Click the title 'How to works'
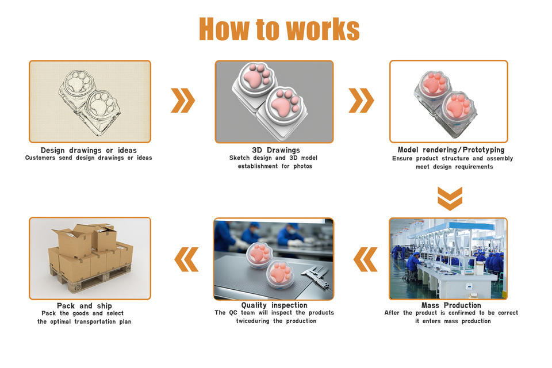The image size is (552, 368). click(x=279, y=29)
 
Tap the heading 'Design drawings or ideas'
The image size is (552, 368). click(x=89, y=150)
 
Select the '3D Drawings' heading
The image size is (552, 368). click(x=275, y=150)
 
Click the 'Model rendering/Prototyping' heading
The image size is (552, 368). click(x=451, y=150)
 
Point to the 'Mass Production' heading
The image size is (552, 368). click(x=451, y=305)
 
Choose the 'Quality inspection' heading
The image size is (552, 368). click(x=274, y=305)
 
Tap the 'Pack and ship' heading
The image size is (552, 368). click(x=85, y=305)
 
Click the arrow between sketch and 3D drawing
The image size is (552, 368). click(x=183, y=101)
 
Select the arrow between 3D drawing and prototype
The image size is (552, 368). click(x=361, y=101)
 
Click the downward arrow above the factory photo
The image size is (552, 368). click(x=450, y=198)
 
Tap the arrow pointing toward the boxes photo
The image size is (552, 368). click(x=186, y=259)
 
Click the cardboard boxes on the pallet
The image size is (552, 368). click(x=90, y=253)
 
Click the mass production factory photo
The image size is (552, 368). click(x=448, y=258)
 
